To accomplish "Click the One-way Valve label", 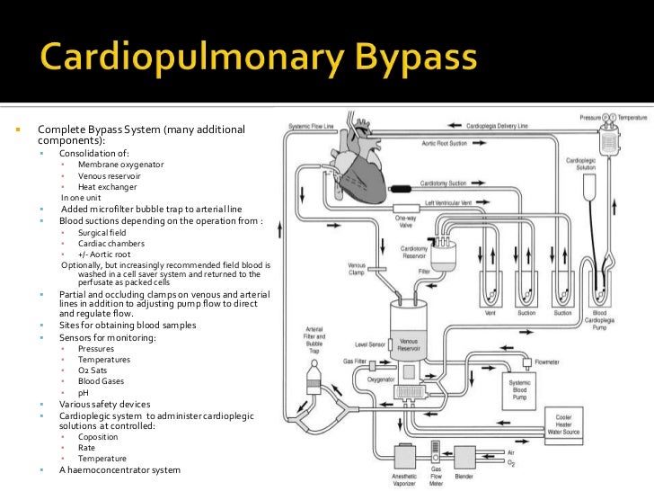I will point(405,223).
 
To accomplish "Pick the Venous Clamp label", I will point(356,270).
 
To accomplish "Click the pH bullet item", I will point(84,393).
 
